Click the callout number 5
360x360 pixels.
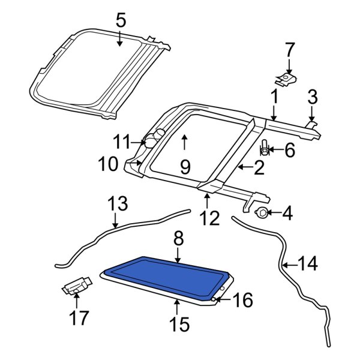tap(121, 22)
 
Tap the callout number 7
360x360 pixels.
tap(289, 49)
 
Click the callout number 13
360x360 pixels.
tap(118, 204)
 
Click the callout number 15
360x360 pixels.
tap(179, 325)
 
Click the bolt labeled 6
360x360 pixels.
tap(265, 148)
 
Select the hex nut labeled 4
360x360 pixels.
tap(262, 212)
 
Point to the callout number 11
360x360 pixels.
tap(122, 142)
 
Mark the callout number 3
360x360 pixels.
tap(312, 96)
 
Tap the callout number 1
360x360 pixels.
tap(274, 96)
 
